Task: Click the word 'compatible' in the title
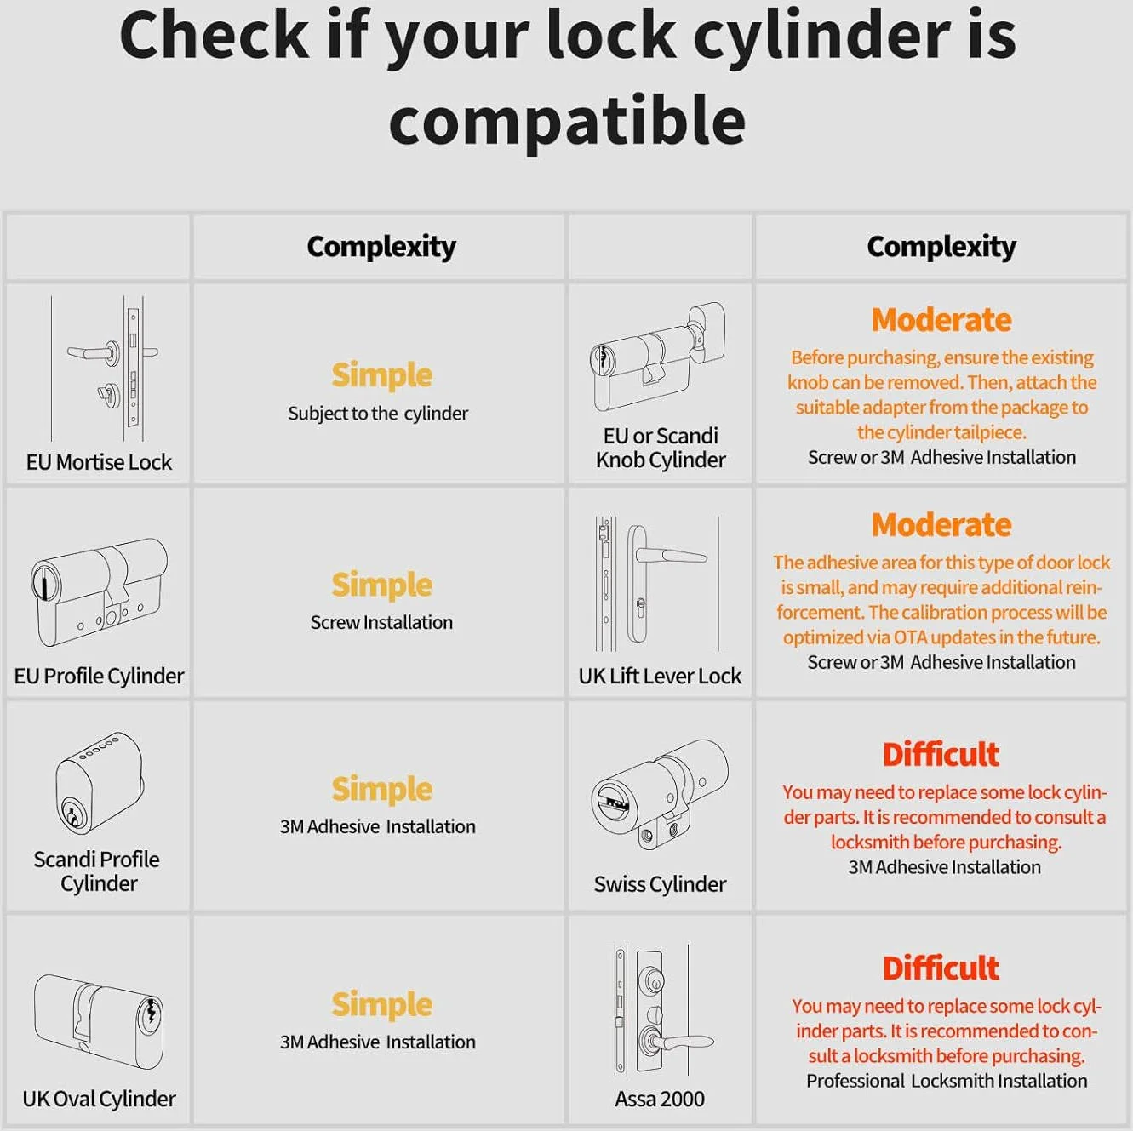pos(568,121)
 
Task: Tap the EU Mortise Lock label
pos(99,462)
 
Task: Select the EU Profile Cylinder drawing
pos(99,592)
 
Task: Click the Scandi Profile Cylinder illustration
pos(100,783)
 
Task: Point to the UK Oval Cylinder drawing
pos(99,1024)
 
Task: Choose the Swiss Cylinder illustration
pos(660,795)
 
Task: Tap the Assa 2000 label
pos(660,1099)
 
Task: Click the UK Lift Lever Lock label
pos(660,676)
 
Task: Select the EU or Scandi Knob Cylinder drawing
pos(657,357)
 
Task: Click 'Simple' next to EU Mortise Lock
pos(381,375)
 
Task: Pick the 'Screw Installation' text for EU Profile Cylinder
pos(381,622)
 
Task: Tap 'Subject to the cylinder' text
pos(378,414)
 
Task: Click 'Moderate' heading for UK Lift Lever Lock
pos(941,524)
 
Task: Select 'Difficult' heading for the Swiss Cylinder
pos(941,754)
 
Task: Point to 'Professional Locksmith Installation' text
pos(947,1081)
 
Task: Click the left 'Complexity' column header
pos(381,246)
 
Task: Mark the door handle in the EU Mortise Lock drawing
pos(92,352)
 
